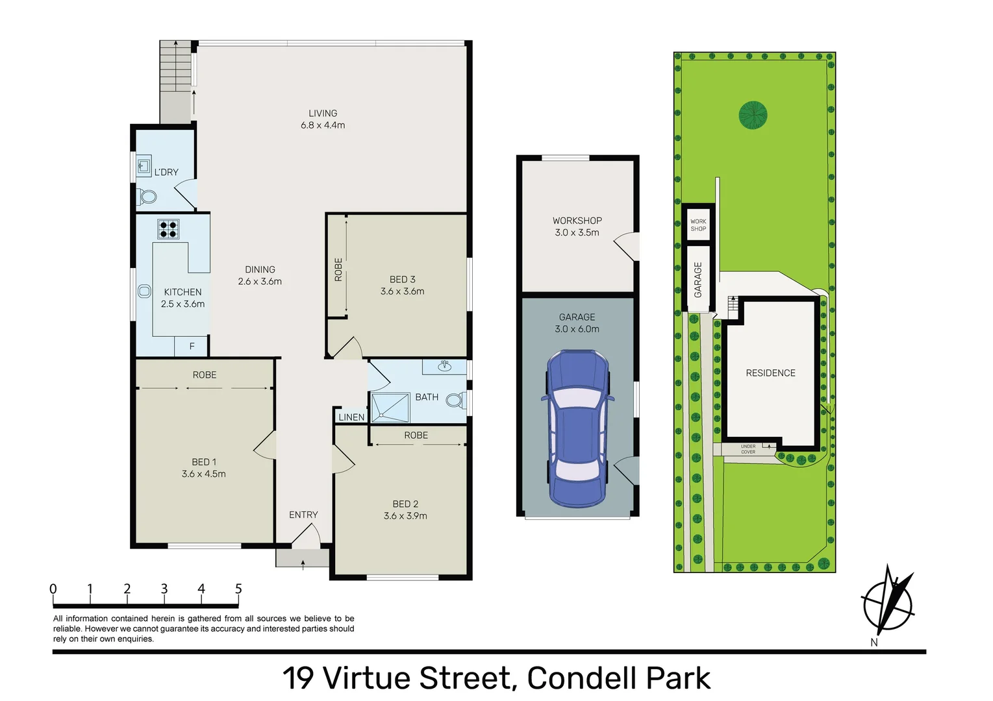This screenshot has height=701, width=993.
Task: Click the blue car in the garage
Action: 577,428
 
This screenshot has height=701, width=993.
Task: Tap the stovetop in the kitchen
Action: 168,229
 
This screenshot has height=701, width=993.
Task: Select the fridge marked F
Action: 191,346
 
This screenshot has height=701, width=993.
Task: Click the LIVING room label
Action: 323,114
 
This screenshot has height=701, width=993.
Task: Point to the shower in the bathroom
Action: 390,407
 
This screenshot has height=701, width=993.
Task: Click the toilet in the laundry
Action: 146,196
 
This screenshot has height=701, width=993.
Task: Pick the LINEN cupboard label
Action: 351,417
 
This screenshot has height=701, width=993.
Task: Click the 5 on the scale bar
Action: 238,589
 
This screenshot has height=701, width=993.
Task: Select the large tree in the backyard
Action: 753,115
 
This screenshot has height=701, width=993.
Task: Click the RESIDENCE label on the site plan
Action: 770,373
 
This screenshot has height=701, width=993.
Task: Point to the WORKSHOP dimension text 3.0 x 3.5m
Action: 577,232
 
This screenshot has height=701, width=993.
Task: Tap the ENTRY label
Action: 303,515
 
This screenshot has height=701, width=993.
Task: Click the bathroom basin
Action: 444,366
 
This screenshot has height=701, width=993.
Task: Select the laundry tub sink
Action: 144,166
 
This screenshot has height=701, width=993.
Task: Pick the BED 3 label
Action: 402,280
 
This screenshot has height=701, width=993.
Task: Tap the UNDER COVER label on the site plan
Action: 748,449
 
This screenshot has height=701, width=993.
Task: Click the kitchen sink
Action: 144,291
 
